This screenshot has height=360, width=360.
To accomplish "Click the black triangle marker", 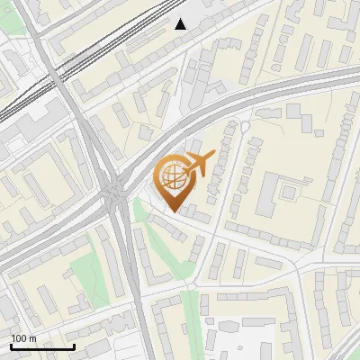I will pyautogui.click(x=181, y=24).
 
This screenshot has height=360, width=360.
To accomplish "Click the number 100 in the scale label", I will pyautogui.click(x=18, y=338).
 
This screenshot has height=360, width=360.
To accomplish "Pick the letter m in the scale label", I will pyautogui.click(x=31, y=338).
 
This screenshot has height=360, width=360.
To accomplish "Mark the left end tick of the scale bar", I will pyautogui.click(x=12, y=346).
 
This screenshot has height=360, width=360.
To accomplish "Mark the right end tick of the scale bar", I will pyautogui.click(x=74, y=346).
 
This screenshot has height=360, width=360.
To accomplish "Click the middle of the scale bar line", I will pyautogui.click(x=42, y=346).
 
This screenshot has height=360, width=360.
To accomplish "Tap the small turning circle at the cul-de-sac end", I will pyautogui.click(x=244, y=128).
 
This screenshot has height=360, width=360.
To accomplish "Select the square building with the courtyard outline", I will pyautogui.click(x=291, y=190).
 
